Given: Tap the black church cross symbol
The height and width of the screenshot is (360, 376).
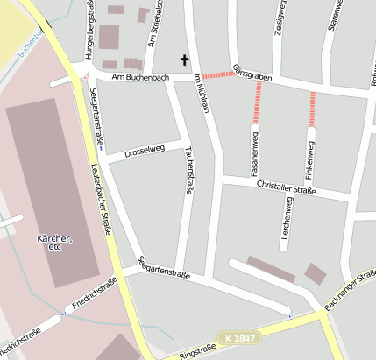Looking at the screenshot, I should tap(184, 60).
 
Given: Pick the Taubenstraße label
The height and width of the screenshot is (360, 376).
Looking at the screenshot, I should tap(188, 170).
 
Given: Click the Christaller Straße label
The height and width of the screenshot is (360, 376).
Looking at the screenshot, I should tap(286, 186).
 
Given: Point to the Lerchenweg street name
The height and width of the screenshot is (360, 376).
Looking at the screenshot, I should tap(287, 222).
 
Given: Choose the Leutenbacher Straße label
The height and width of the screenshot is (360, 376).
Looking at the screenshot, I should tap(102, 196).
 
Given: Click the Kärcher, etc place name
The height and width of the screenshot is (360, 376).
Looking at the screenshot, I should tap(55, 242).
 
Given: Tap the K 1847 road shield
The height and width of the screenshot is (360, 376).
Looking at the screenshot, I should tap(240, 337).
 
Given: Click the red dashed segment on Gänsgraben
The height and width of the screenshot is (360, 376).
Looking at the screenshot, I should tap(218, 74).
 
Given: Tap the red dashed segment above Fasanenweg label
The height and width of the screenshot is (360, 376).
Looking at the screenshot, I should tap(258, 102).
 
